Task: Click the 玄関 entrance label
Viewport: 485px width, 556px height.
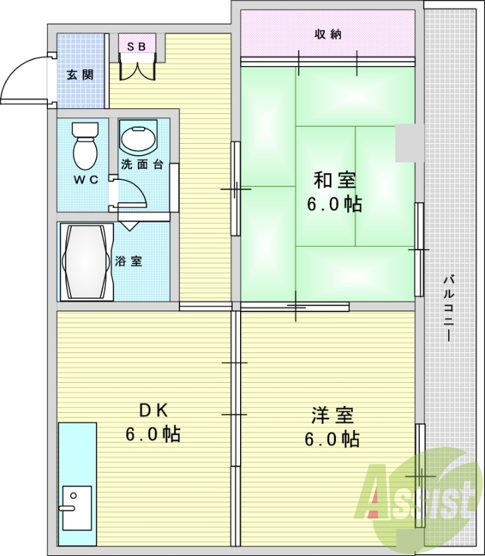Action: pyautogui.click(x=80, y=75)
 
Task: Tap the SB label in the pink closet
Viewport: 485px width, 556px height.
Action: pyautogui.click(x=136, y=47)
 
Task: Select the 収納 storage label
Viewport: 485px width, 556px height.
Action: pyautogui.click(x=328, y=34)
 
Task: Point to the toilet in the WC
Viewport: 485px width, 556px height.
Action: pyautogui.click(x=85, y=146)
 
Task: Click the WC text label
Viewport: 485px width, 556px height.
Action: pyautogui.click(x=86, y=180)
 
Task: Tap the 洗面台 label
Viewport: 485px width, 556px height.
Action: pyautogui.click(x=142, y=165)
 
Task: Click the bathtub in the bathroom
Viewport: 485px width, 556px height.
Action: pyautogui.click(x=86, y=262)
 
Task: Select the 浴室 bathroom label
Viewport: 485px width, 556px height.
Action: pyautogui.click(x=129, y=261)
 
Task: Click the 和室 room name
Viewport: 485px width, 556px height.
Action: pyautogui.click(x=335, y=180)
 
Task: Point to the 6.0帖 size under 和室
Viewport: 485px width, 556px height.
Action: pyautogui.click(x=335, y=204)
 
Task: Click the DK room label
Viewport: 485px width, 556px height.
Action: pyautogui.click(x=153, y=411)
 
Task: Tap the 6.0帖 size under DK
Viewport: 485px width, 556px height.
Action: pyautogui.click(x=153, y=434)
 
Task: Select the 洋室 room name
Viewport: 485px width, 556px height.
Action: pyautogui.click(x=333, y=416)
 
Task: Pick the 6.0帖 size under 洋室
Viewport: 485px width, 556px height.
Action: pyautogui.click(x=332, y=439)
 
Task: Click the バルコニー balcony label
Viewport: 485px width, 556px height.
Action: pyautogui.click(x=448, y=308)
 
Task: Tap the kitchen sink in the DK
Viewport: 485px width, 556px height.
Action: pyautogui.click(x=77, y=508)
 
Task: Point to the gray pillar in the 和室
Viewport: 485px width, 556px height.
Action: pyautogui.click(x=409, y=143)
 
